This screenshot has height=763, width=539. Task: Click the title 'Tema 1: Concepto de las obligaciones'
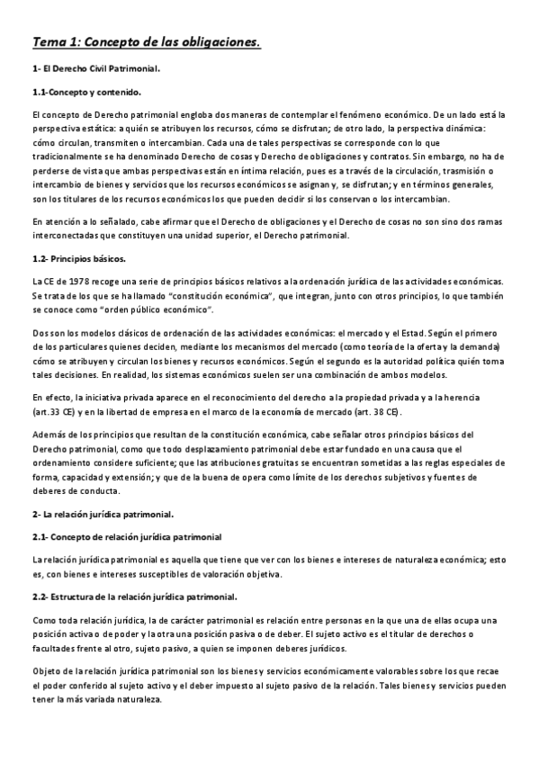[146, 42]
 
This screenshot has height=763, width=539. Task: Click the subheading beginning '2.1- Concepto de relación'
[126, 537]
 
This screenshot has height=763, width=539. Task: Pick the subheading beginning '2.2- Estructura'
[134, 597]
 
